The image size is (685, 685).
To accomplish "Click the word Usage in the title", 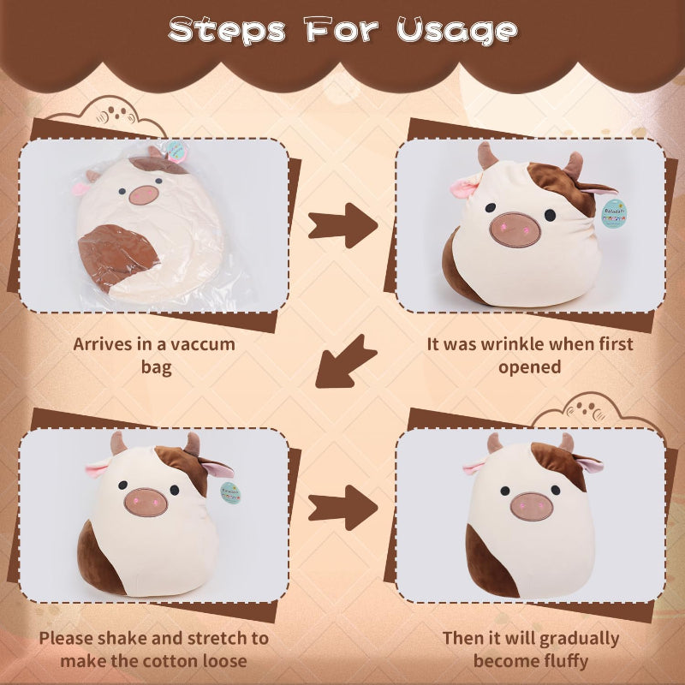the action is pos(457,31).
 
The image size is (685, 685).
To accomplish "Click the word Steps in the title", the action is pos(227,31).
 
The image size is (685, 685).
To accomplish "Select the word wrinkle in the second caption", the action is pos(512,344).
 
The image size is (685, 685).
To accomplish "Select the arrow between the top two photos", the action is pos(343,225).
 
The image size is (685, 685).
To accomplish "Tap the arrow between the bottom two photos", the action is pos(343,508).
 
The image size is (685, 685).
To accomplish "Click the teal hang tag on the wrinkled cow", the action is pos(614,213).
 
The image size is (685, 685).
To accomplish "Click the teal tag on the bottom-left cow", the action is pos(230,493).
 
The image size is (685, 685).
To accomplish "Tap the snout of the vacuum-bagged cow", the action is pos(144,195).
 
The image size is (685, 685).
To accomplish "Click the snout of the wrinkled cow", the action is pos(515,229).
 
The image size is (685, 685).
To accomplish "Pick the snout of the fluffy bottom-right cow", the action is pos(531,506).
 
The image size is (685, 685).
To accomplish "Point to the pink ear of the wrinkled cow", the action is pos(465,187).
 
